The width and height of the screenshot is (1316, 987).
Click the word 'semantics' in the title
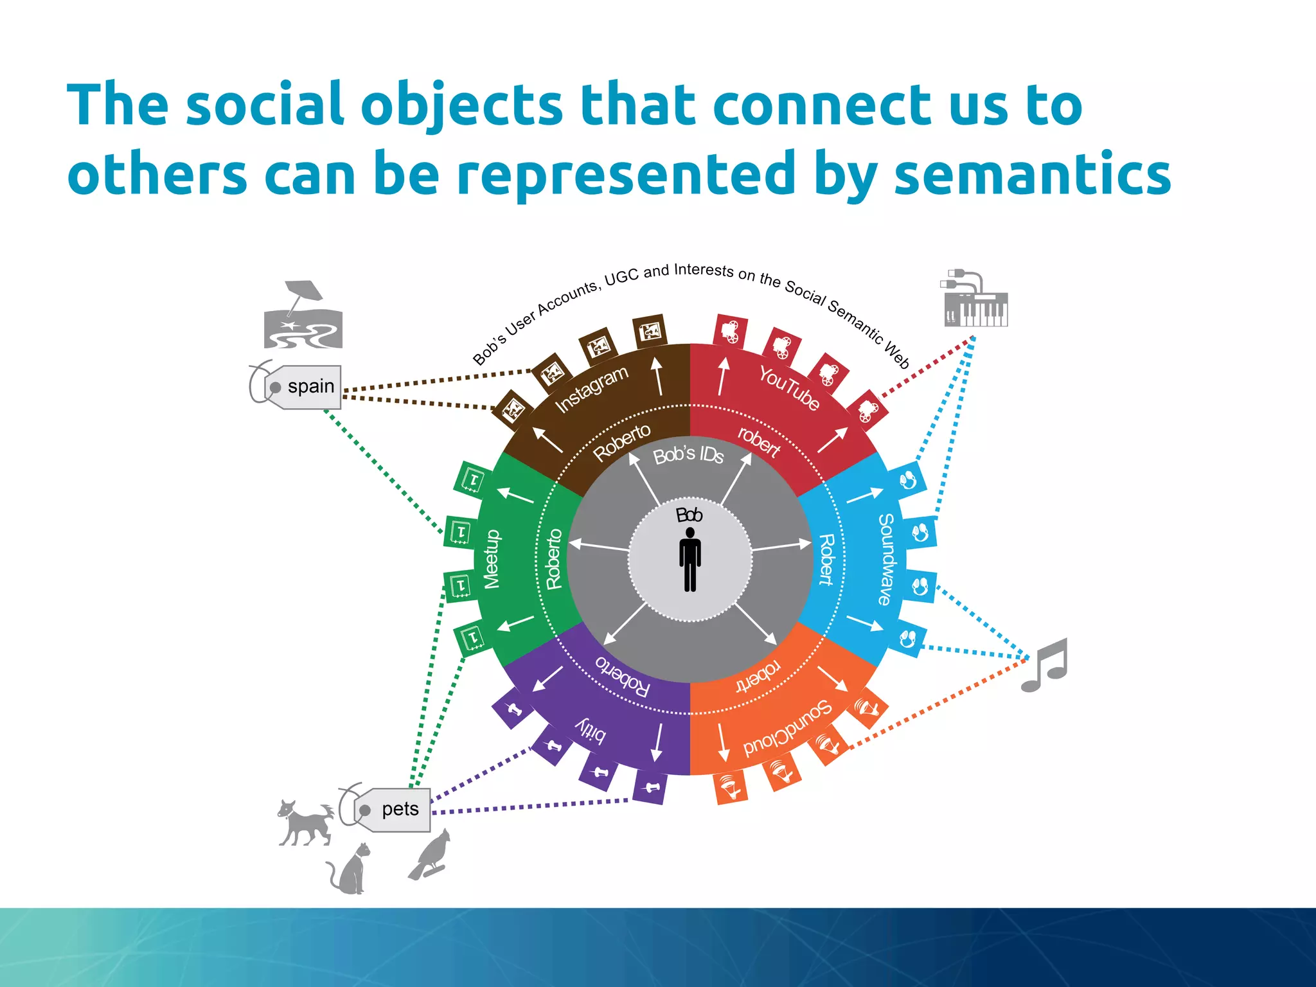pos(1033,173)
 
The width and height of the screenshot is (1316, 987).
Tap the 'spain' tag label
pos(310,387)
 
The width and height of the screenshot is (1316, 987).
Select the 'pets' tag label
pos(400,809)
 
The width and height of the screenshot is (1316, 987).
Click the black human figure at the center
pos(690,559)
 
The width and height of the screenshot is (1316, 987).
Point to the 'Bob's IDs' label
pos(688,455)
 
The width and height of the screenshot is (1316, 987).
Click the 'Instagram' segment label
pos(591,389)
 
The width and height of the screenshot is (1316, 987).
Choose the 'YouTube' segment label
pos(790,387)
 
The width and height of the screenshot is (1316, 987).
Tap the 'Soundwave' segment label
pos(886,559)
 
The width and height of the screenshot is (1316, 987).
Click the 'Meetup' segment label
pos(492,559)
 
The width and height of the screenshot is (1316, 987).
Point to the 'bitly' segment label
pos(590,729)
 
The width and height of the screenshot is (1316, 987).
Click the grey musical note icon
pos(1045,665)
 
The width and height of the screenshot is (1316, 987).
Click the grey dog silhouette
pos(306,822)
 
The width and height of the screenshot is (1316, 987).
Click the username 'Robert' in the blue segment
pos(826,559)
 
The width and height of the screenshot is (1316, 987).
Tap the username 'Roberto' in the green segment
pos(554,559)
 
